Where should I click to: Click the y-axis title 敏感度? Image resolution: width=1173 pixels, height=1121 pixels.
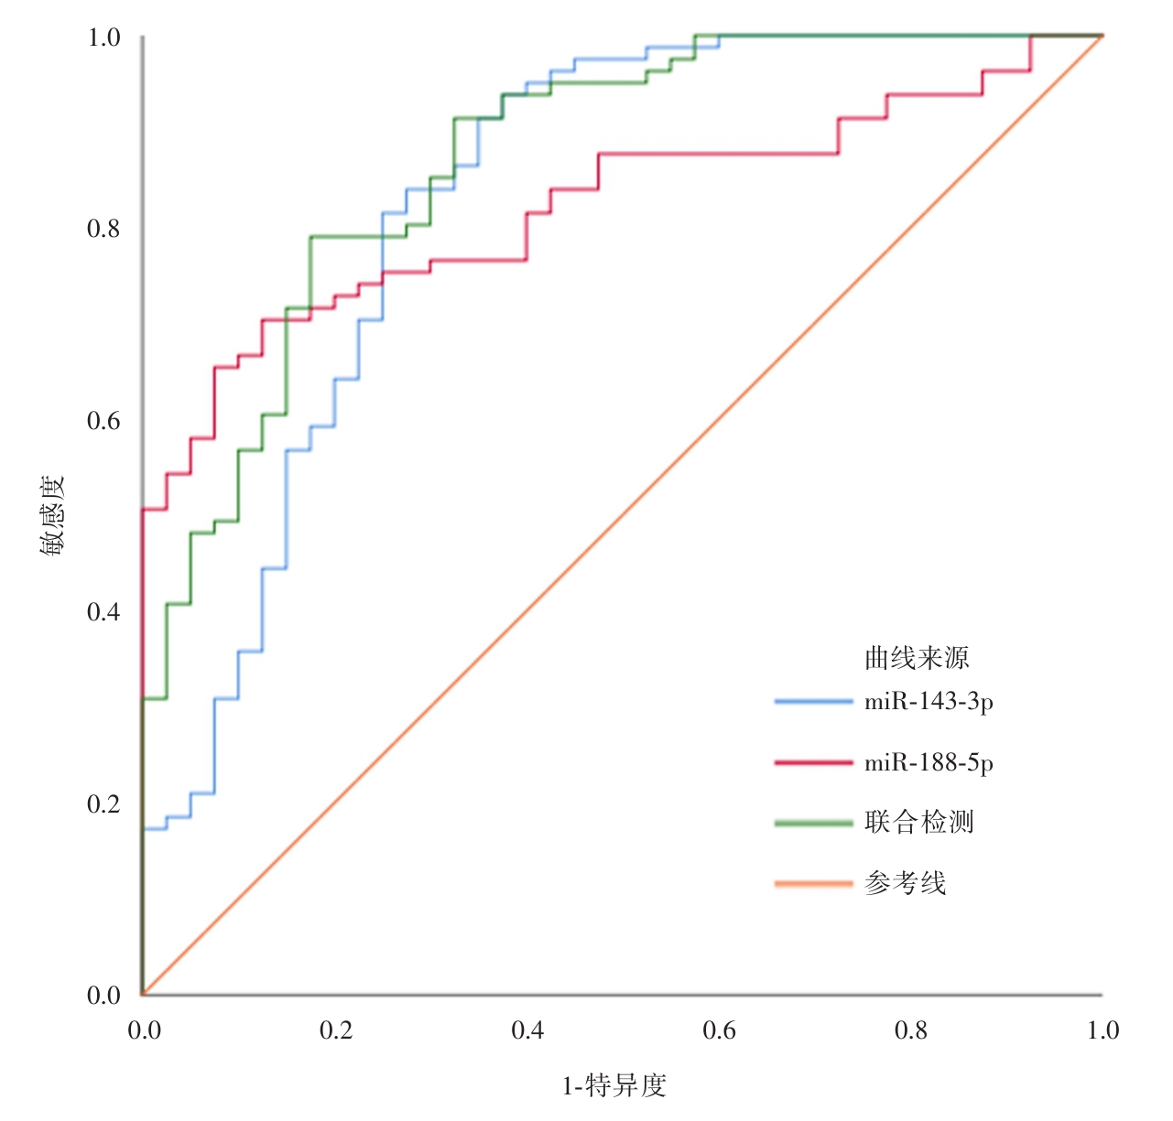point(51,516)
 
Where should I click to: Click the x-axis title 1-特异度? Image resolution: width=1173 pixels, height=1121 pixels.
point(614,1086)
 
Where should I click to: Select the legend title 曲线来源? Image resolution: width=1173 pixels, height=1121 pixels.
point(916,658)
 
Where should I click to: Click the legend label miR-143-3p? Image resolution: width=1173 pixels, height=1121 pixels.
point(929,702)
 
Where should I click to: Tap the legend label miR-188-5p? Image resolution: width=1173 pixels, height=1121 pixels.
point(929,762)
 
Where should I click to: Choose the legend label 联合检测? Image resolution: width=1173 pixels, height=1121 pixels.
point(918,822)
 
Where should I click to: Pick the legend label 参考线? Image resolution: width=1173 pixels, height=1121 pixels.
point(905,883)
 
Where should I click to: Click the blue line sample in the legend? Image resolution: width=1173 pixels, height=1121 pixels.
point(813,702)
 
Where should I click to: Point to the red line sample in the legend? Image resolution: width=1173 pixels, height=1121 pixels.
point(813,762)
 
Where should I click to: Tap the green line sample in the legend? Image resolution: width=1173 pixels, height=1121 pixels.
point(813,823)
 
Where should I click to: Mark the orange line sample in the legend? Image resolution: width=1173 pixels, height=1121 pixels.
point(813,883)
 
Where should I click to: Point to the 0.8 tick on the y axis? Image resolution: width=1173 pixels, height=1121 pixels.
point(103,229)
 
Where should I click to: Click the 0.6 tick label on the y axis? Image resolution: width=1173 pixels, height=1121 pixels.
point(103,421)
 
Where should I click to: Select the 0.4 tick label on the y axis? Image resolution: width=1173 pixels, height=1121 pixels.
point(103,612)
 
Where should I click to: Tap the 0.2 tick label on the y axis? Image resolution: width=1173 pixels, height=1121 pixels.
point(103,804)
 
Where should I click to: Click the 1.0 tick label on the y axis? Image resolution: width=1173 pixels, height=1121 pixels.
point(103,38)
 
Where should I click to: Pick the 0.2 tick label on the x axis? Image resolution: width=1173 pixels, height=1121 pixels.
point(335,1031)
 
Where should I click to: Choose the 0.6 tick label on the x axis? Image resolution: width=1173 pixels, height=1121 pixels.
point(719,1031)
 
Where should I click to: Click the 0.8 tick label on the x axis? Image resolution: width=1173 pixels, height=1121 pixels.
point(911,1031)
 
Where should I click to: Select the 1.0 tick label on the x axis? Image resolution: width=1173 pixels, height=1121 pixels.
point(1102,1031)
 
